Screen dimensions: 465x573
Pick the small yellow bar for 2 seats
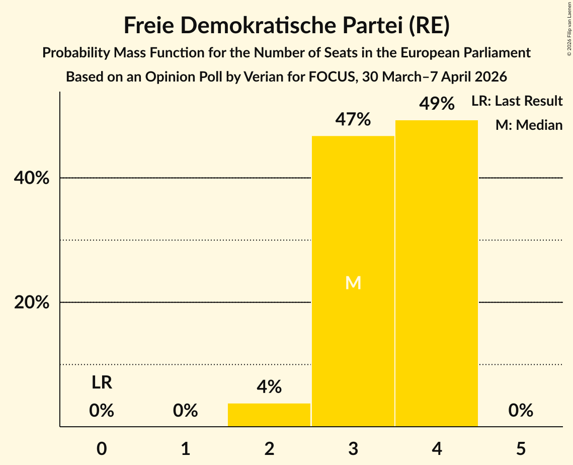point(269,415)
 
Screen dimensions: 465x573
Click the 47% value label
point(353,120)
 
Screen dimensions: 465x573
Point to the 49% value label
point(437,104)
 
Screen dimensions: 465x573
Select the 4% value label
point(269,387)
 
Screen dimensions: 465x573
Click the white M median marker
point(353,283)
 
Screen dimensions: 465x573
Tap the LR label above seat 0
point(102,383)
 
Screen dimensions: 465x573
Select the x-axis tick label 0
point(102,449)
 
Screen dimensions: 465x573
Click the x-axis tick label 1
point(186,449)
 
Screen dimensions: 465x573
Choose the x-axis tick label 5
point(521,449)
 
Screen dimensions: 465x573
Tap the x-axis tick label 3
point(353,449)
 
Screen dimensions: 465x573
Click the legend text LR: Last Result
point(517,101)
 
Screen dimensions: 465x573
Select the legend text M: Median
point(529,125)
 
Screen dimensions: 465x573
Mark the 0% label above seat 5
point(521,411)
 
